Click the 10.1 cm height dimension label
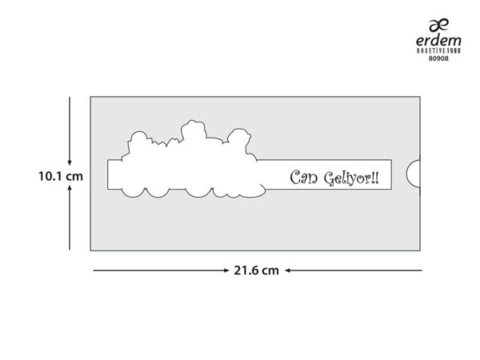[61, 176]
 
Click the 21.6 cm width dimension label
[256, 270]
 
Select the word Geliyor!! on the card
[351, 178]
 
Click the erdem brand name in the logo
[438, 41]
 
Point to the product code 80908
[438, 58]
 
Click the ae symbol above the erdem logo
[439, 25]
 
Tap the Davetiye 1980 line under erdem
[438, 50]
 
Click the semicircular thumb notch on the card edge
[414, 174]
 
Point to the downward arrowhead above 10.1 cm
[70, 162]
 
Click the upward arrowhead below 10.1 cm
[70, 187]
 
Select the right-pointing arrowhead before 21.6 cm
[226, 270]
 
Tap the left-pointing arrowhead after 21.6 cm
[288, 270]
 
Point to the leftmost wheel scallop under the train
[133, 193]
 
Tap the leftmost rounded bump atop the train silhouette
[138, 137]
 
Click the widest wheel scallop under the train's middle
[199, 193]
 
